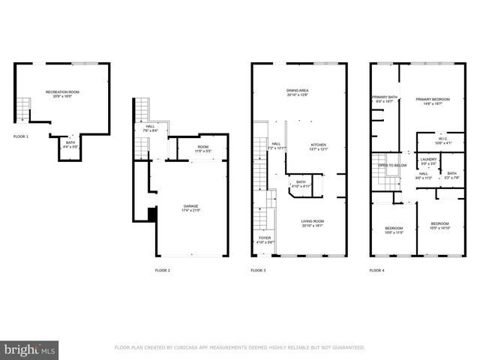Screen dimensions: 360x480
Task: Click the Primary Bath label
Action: (384, 98)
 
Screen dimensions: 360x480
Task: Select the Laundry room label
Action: (428, 160)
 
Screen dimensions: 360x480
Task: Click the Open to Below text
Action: (393, 165)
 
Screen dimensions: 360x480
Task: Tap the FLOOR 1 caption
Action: (21, 136)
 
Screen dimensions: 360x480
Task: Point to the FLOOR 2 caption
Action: (163, 270)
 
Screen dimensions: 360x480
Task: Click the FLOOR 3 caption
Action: (258, 270)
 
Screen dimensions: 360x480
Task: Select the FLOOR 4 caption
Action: (377, 270)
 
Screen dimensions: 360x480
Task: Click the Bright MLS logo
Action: (30, 349)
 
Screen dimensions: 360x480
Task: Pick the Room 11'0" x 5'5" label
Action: (203, 148)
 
